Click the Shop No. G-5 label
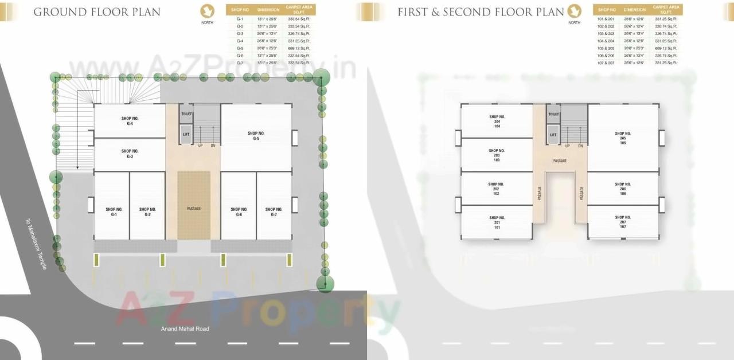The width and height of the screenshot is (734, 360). pos(256,136)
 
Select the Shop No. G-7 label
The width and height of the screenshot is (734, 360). pos(274,212)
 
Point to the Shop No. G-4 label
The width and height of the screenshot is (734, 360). pos(130,120)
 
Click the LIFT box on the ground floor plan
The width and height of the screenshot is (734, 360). pos(186,135)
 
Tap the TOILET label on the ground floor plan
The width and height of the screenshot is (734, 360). pos(186,114)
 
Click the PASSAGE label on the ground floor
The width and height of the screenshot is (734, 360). pos(194,208)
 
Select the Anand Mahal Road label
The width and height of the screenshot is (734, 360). pos(185,329)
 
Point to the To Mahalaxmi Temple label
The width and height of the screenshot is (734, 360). pos(36,244)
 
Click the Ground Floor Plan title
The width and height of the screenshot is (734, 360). pos(97,12)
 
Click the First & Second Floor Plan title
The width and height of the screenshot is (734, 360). pos(481,12)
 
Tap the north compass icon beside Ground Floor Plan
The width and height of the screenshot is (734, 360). pos(208,11)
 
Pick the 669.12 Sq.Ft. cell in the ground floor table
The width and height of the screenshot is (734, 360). pos(299,48)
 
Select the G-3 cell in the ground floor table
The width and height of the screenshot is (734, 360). pos(240,34)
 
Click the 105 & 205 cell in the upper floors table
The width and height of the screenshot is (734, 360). pos(606,48)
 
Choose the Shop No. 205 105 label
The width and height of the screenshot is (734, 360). pos(623,138)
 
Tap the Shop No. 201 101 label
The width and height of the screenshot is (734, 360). pos(497,222)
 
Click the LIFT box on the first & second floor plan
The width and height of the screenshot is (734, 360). pos(553,135)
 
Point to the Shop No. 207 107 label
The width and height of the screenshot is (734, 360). pos(623,222)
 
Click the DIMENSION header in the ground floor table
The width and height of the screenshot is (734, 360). pos(268,10)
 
